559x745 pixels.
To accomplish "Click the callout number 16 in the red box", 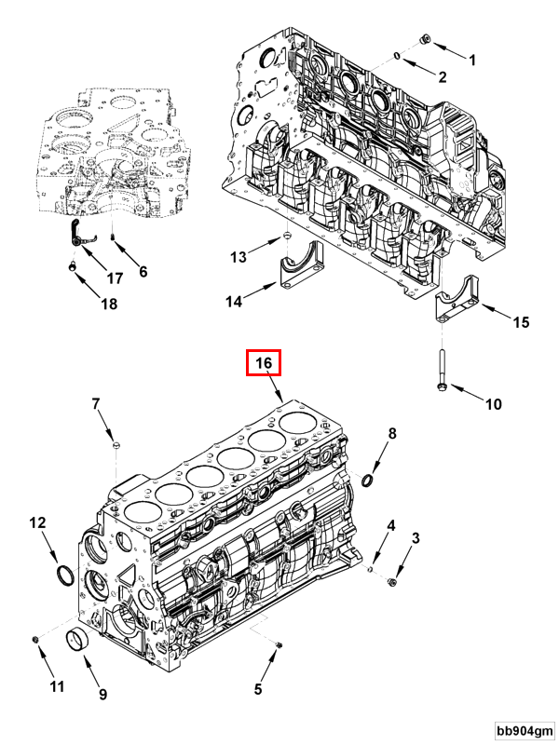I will (263, 363).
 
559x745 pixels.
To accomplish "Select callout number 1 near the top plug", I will (471, 60).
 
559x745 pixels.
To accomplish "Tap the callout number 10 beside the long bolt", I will (493, 403).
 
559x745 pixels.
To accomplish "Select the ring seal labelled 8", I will (366, 480).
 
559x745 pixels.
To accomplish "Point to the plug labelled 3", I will (392, 582).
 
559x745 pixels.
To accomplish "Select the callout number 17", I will (114, 278).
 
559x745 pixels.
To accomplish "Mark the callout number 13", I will (238, 256).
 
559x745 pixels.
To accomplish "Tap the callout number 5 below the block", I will (259, 689).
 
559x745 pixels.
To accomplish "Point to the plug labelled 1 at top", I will (425, 39).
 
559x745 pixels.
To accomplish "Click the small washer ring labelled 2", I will (397, 57).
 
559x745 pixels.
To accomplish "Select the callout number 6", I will (143, 272).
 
